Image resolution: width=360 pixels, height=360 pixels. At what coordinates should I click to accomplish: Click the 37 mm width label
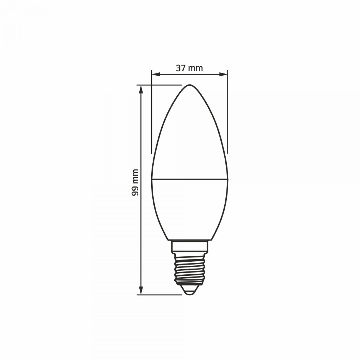[x=189, y=68]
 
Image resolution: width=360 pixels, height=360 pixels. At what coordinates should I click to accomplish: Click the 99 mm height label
[x=135, y=183]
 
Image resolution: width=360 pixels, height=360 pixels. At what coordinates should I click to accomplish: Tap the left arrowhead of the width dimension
[x=156, y=74]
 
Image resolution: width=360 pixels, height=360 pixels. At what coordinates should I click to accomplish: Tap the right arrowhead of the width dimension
[x=224, y=74]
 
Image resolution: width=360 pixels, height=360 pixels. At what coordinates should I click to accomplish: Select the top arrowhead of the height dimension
[x=141, y=89]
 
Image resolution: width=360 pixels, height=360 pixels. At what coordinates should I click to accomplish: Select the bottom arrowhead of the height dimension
[x=141, y=291]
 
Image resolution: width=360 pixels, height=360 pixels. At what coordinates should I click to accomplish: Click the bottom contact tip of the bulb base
[x=190, y=293]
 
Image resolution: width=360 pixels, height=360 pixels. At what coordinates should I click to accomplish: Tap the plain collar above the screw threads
[x=190, y=246]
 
